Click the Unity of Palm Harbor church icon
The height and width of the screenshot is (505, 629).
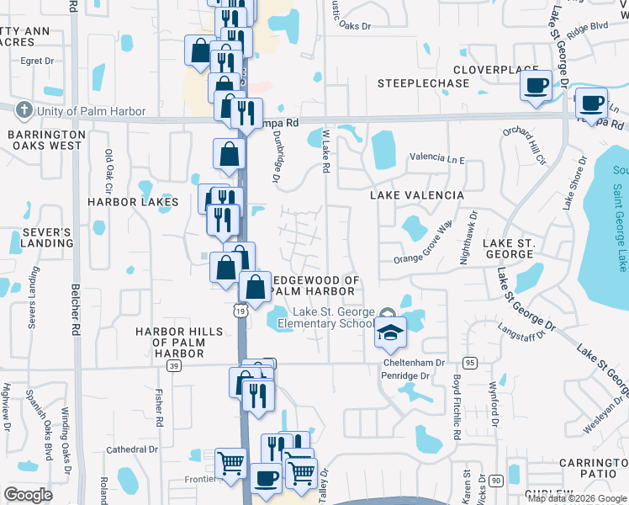(x=24, y=111)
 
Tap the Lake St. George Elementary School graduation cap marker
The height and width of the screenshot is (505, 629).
(x=390, y=332)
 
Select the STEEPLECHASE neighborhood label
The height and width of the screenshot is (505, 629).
(x=423, y=83)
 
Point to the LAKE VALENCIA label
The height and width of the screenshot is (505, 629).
(x=417, y=195)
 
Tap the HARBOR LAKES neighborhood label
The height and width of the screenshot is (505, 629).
(x=134, y=202)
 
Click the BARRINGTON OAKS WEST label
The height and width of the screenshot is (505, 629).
(x=45, y=140)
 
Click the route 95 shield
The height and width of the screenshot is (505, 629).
(x=469, y=363)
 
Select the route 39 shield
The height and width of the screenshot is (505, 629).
(x=174, y=366)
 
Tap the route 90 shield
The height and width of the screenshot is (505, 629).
(x=496, y=480)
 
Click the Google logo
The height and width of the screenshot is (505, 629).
(x=28, y=494)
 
